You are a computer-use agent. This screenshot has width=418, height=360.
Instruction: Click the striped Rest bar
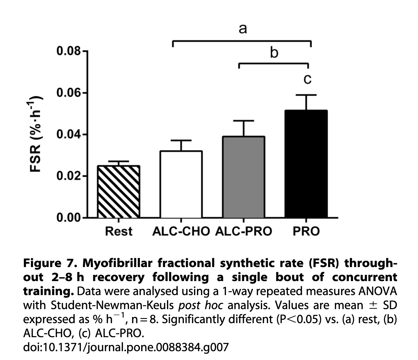click(119, 192)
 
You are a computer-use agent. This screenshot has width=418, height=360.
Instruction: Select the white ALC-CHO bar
click(181, 185)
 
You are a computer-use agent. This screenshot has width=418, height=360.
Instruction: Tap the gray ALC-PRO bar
click(244, 177)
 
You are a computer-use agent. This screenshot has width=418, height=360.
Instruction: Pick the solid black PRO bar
click(306, 164)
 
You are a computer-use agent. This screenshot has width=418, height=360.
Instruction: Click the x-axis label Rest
click(119, 232)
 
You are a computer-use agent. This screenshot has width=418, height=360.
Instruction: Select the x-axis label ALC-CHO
click(181, 232)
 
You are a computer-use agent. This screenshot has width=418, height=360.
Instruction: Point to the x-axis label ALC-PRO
click(244, 232)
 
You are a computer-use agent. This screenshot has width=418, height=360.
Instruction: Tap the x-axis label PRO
click(306, 232)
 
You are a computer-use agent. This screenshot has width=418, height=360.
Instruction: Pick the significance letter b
click(274, 52)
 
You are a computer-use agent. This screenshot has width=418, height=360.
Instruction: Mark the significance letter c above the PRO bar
click(307, 79)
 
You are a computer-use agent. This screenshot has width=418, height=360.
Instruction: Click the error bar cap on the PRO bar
click(306, 95)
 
